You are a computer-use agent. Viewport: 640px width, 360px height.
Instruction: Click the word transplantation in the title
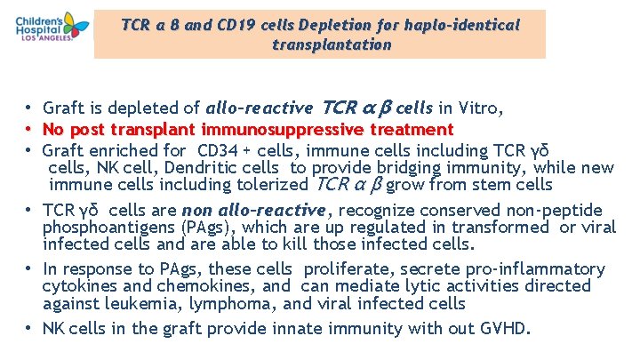(x=332, y=44)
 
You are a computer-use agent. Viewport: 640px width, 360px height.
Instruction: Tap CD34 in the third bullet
(x=218, y=148)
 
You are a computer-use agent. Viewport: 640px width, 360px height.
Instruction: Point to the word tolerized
(x=265, y=186)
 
